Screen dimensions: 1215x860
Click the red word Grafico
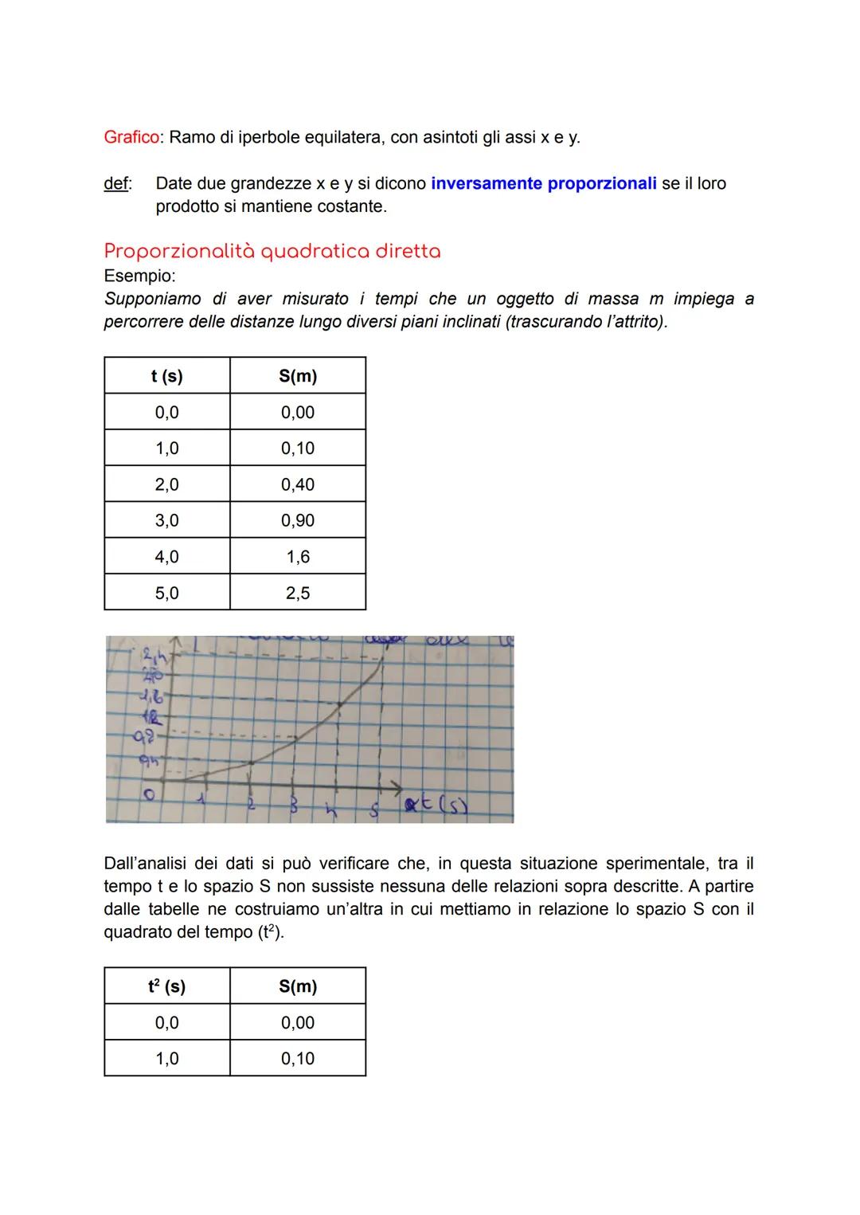click(x=131, y=137)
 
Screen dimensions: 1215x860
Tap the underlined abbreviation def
click(x=117, y=183)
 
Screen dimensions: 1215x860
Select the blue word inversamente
click(x=486, y=183)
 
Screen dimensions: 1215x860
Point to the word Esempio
click(x=139, y=276)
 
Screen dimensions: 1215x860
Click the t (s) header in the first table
click(x=166, y=376)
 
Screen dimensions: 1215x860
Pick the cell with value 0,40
click(x=298, y=484)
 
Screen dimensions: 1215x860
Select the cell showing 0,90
click(x=298, y=520)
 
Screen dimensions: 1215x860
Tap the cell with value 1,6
click(x=298, y=557)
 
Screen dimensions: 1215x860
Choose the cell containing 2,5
click(x=298, y=593)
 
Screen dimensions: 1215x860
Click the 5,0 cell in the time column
click(x=166, y=593)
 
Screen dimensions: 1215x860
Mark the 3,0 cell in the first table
click(x=166, y=520)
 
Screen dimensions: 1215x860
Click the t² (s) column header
click(x=166, y=986)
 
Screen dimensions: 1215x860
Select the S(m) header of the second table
click(x=298, y=986)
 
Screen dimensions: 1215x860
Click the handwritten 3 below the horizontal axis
click(x=293, y=806)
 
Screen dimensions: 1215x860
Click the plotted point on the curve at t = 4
click(x=340, y=704)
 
